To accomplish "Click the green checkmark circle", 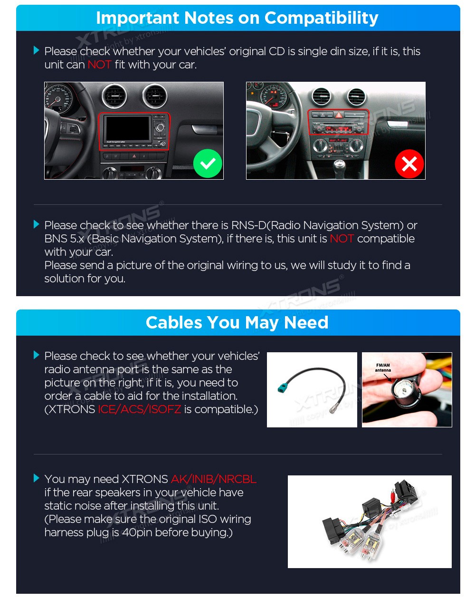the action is point(208,164).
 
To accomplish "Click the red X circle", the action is point(409,164).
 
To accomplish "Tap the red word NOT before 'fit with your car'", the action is point(99,65).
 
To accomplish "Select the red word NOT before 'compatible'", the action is point(342,239).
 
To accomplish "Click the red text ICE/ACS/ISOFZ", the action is point(139,409).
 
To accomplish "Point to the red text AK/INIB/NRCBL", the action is point(214,479).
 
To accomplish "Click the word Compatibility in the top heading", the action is point(321,19).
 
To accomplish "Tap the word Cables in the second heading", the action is point(174,322).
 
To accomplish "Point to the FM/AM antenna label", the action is point(383,367).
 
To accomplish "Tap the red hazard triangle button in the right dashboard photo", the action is point(338,115).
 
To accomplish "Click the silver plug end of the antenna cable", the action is point(331,410).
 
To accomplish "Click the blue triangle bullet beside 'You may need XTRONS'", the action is point(37,478).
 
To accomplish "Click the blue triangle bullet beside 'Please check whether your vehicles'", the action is point(37,50).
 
